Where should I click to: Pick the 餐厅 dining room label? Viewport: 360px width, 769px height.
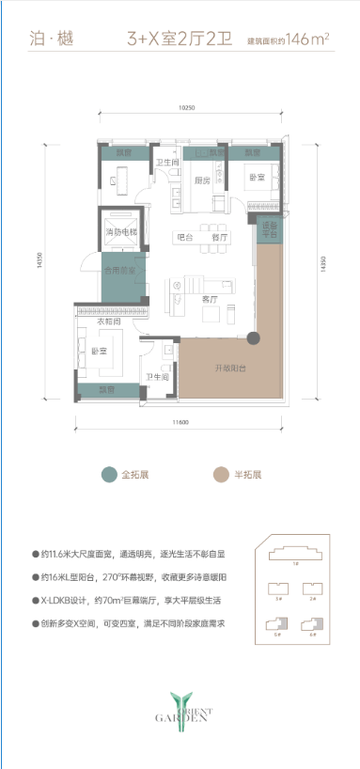tap(219, 238)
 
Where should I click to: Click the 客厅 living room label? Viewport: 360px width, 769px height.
tap(210, 298)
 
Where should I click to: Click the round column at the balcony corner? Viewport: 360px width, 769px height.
tap(253, 337)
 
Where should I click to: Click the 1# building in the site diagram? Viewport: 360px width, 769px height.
tap(297, 563)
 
